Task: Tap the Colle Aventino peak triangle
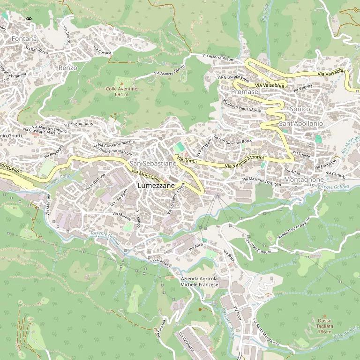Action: click(121, 83)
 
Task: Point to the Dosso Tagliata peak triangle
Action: click(324, 316)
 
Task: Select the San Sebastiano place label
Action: click(153, 163)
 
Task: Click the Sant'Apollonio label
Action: click(301, 123)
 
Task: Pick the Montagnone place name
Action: click(304, 180)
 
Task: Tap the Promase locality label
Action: click(245, 92)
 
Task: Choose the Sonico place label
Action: click(300, 109)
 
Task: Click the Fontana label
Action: click(24, 38)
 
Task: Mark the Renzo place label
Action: click(68, 68)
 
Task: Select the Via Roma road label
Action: click(187, 160)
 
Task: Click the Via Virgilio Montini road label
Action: click(244, 162)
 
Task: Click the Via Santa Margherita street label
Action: click(265, 333)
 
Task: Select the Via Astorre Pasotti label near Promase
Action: click(218, 58)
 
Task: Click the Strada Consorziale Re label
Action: click(294, 230)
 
